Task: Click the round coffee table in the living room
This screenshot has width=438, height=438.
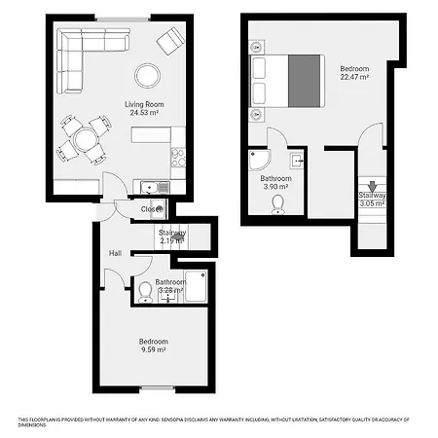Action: click(x=148, y=74)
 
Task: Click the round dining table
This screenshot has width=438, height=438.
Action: click(x=84, y=139)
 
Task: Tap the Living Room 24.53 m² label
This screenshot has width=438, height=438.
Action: click(x=142, y=108)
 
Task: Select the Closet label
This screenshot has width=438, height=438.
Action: click(x=151, y=208)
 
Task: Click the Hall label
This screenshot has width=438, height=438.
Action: click(x=115, y=253)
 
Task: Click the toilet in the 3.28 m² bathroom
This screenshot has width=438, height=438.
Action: click(x=145, y=291)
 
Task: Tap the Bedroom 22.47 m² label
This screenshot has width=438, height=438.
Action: click(x=353, y=74)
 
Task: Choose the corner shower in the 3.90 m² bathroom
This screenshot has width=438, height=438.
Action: click(x=260, y=162)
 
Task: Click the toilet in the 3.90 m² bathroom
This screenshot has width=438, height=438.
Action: click(x=279, y=203)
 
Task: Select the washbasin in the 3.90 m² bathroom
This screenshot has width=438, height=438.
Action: click(x=298, y=158)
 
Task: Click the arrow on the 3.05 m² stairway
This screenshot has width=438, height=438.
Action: click(x=369, y=186)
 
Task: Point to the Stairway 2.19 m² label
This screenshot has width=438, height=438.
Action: click(x=171, y=237)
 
